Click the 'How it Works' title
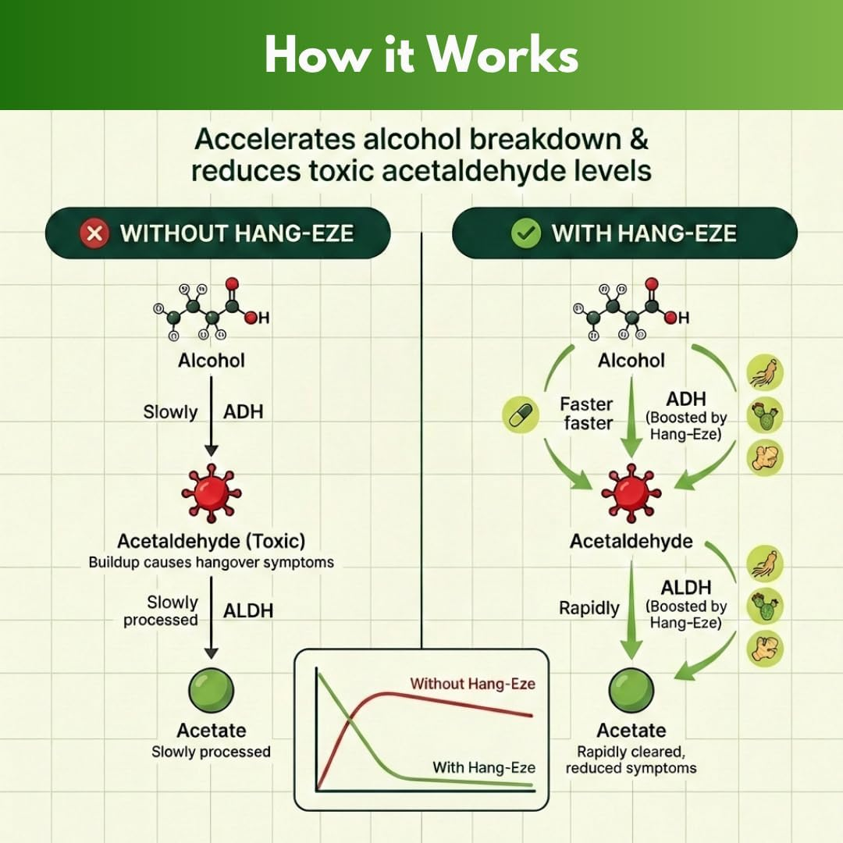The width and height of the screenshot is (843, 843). click(421, 55)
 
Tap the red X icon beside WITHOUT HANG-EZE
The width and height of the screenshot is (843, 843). click(94, 233)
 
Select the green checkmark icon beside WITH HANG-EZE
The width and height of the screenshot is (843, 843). click(525, 233)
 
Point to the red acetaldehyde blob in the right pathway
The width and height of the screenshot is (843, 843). click(631, 492)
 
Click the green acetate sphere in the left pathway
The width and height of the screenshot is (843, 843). click(211, 690)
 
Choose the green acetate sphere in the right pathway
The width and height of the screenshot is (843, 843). click(631, 690)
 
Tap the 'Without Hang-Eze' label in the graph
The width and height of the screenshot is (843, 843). click(473, 684)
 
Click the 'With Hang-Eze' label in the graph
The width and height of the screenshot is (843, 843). click(484, 767)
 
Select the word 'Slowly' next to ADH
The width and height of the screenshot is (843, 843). click(170, 411)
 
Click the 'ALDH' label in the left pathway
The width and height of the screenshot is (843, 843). click(248, 610)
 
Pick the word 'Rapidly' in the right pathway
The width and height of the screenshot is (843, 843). click(589, 607)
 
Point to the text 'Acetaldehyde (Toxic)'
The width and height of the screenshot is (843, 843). click(211, 541)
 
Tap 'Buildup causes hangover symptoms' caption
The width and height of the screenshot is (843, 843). click(211, 562)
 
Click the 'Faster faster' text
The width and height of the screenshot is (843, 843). click(586, 414)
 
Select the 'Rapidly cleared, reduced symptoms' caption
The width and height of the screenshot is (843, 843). click(631, 759)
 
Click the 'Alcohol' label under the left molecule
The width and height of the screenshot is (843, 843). click(211, 361)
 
